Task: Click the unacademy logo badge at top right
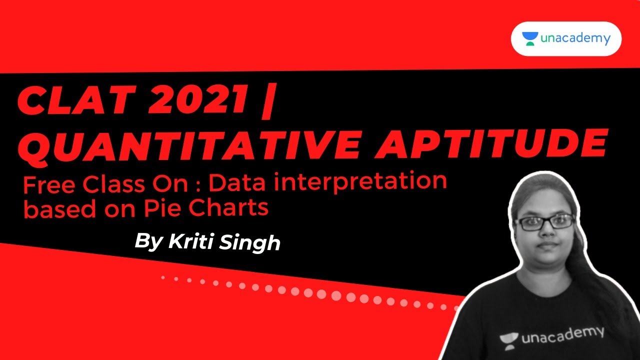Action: pyautogui.click(x=566, y=38)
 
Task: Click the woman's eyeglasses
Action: pyautogui.click(x=544, y=221)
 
